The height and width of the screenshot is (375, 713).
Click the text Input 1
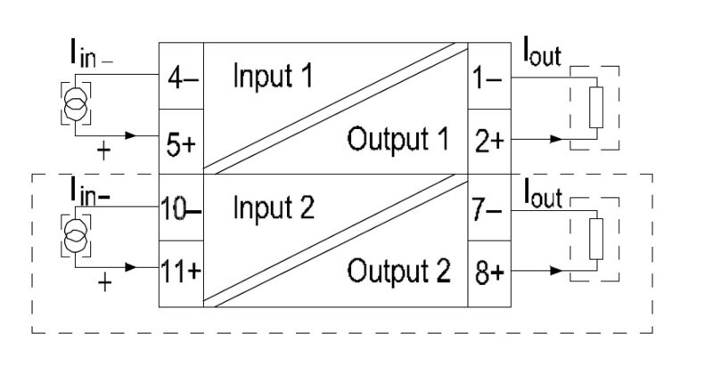click(273, 77)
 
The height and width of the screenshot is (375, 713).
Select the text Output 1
click(397, 141)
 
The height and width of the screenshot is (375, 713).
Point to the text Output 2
click(397, 270)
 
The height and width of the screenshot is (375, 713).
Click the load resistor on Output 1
click(594, 107)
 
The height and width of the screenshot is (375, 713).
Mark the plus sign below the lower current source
click(106, 283)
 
